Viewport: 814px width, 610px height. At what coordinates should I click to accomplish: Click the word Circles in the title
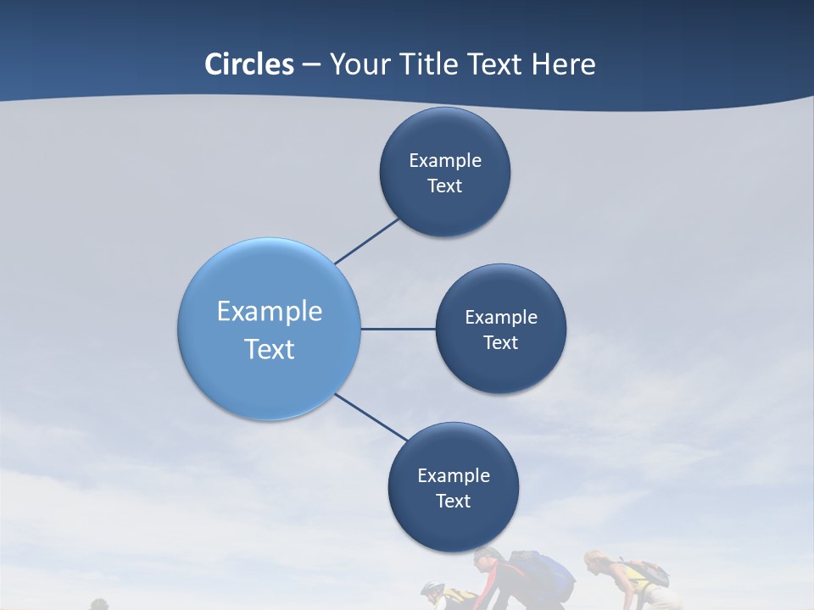249,64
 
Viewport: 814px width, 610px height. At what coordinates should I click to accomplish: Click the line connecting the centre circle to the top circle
367,240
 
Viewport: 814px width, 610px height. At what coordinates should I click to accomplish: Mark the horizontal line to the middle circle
399,329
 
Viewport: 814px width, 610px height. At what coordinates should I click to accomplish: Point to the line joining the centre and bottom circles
371,418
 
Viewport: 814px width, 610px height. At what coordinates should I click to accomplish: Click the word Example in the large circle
270,312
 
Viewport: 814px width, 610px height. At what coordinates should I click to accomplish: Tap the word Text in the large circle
270,349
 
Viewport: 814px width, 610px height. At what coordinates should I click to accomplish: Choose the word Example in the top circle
445,161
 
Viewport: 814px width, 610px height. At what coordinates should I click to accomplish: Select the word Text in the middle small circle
500,343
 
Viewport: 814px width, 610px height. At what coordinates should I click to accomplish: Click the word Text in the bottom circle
453,502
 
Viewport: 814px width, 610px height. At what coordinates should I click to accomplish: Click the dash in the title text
311,65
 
